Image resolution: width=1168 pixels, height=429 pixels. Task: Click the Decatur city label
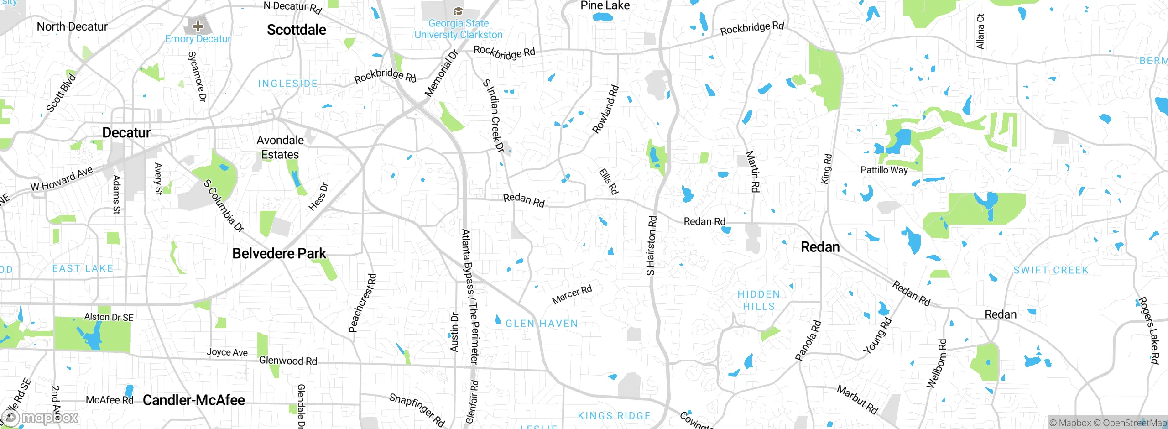[126, 133]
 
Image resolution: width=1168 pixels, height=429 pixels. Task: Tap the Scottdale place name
[297, 30]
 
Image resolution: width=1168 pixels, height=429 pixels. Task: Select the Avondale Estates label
[280, 147]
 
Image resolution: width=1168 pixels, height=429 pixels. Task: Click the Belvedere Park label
[279, 254]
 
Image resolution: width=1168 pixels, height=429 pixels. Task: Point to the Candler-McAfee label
[194, 400]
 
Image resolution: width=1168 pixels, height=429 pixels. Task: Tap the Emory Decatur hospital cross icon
[198, 26]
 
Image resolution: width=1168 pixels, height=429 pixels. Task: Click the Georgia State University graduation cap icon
[458, 11]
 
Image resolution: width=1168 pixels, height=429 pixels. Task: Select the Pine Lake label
[605, 6]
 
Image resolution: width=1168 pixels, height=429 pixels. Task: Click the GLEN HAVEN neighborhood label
[542, 324]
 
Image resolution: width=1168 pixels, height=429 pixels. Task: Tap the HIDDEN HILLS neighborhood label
[759, 300]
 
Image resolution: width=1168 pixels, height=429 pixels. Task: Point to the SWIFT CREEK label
[1051, 270]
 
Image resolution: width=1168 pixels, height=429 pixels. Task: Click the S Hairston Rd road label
[652, 246]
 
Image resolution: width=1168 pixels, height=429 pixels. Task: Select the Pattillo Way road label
[884, 170]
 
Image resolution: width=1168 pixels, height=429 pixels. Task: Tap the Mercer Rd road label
[572, 295]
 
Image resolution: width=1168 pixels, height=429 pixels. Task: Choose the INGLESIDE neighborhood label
[287, 84]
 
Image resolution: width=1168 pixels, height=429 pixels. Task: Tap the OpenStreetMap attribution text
[1134, 423]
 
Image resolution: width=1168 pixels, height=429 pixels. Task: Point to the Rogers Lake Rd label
[1148, 330]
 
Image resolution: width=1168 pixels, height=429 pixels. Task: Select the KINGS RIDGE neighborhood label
[614, 416]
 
